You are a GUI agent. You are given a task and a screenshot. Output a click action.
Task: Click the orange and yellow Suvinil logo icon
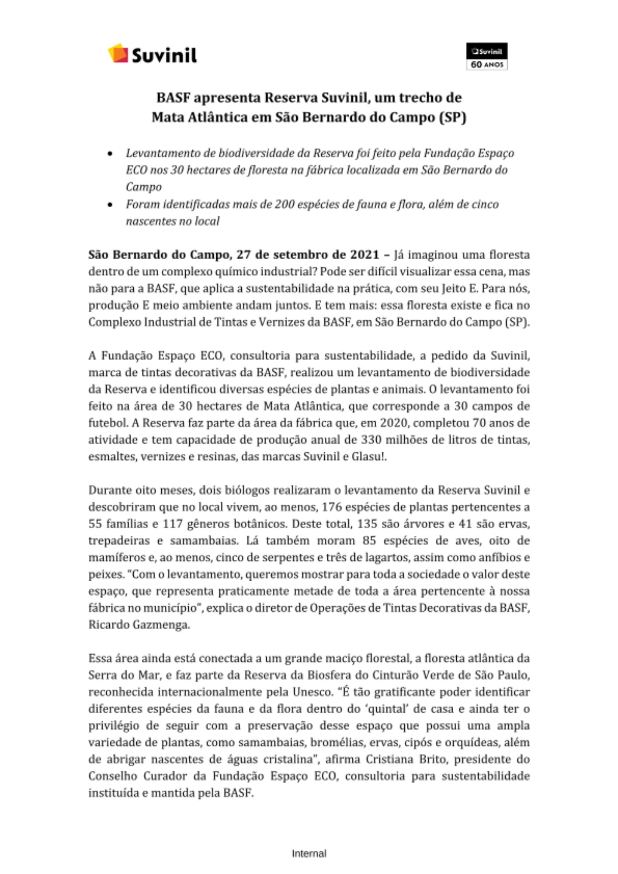pos(118,53)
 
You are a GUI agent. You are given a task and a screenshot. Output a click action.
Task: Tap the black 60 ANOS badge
pos(486,56)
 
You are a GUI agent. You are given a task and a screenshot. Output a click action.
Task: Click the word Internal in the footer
pos(309,853)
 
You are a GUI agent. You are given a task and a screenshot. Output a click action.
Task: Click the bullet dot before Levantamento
pos(110,153)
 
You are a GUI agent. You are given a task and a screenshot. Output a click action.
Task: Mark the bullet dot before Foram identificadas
pos(110,205)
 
